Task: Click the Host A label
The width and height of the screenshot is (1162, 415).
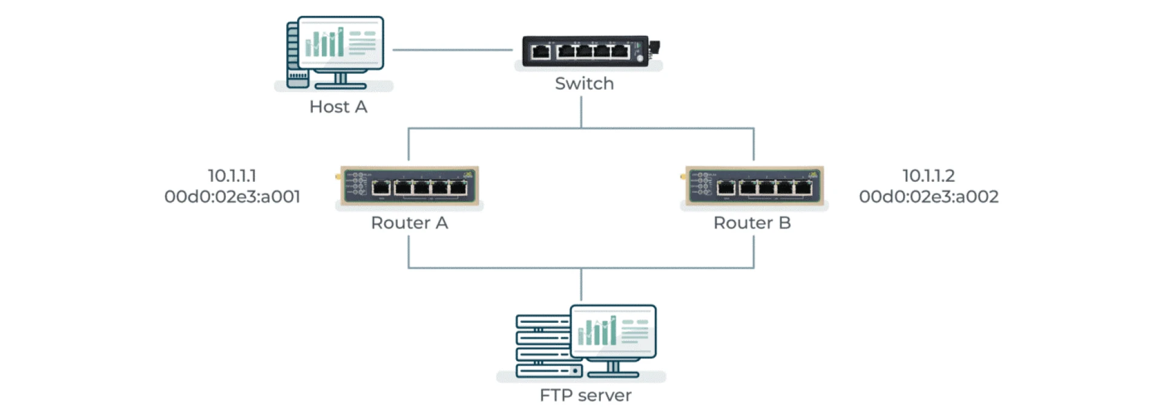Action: click(x=338, y=107)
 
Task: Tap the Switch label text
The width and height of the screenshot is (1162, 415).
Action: click(x=584, y=84)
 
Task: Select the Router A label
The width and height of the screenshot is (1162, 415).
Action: click(x=409, y=223)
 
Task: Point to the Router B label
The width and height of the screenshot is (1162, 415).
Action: click(x=752, y=223)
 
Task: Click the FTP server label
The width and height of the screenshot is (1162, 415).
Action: click(x=585, y=395)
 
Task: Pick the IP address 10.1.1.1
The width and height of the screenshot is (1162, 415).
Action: click(x=232, y=176)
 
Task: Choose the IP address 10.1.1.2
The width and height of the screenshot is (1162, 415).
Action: click(x=928, y=176)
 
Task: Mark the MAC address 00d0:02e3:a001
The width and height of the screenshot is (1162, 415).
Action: click(x=232, y=196)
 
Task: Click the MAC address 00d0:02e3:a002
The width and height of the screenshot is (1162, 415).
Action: click(x=928, y=196)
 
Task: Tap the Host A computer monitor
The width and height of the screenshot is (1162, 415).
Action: click(x=341, y=43)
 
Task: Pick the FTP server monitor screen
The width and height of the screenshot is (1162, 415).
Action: click(x=613, y=331)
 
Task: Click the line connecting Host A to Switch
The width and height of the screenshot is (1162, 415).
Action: click(x=453, y=50)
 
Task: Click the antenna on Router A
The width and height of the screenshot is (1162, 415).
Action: click(x=338, y=178)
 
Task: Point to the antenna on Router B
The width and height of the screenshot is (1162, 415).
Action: click(x=683, y=178)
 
